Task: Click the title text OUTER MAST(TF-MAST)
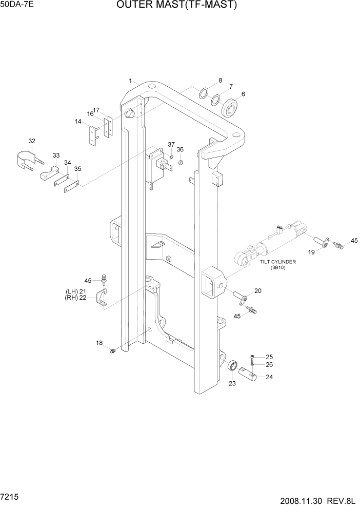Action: tap(177, 6)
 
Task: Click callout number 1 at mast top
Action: tap(131, 81)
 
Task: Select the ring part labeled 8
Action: tap(204, 94)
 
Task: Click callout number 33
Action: tap(56, 155)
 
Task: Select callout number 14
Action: tap(78, 122)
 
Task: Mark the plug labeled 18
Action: tap(113, 350)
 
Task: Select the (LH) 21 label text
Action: tap(75, 291)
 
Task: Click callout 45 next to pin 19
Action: tap(354, 241)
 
